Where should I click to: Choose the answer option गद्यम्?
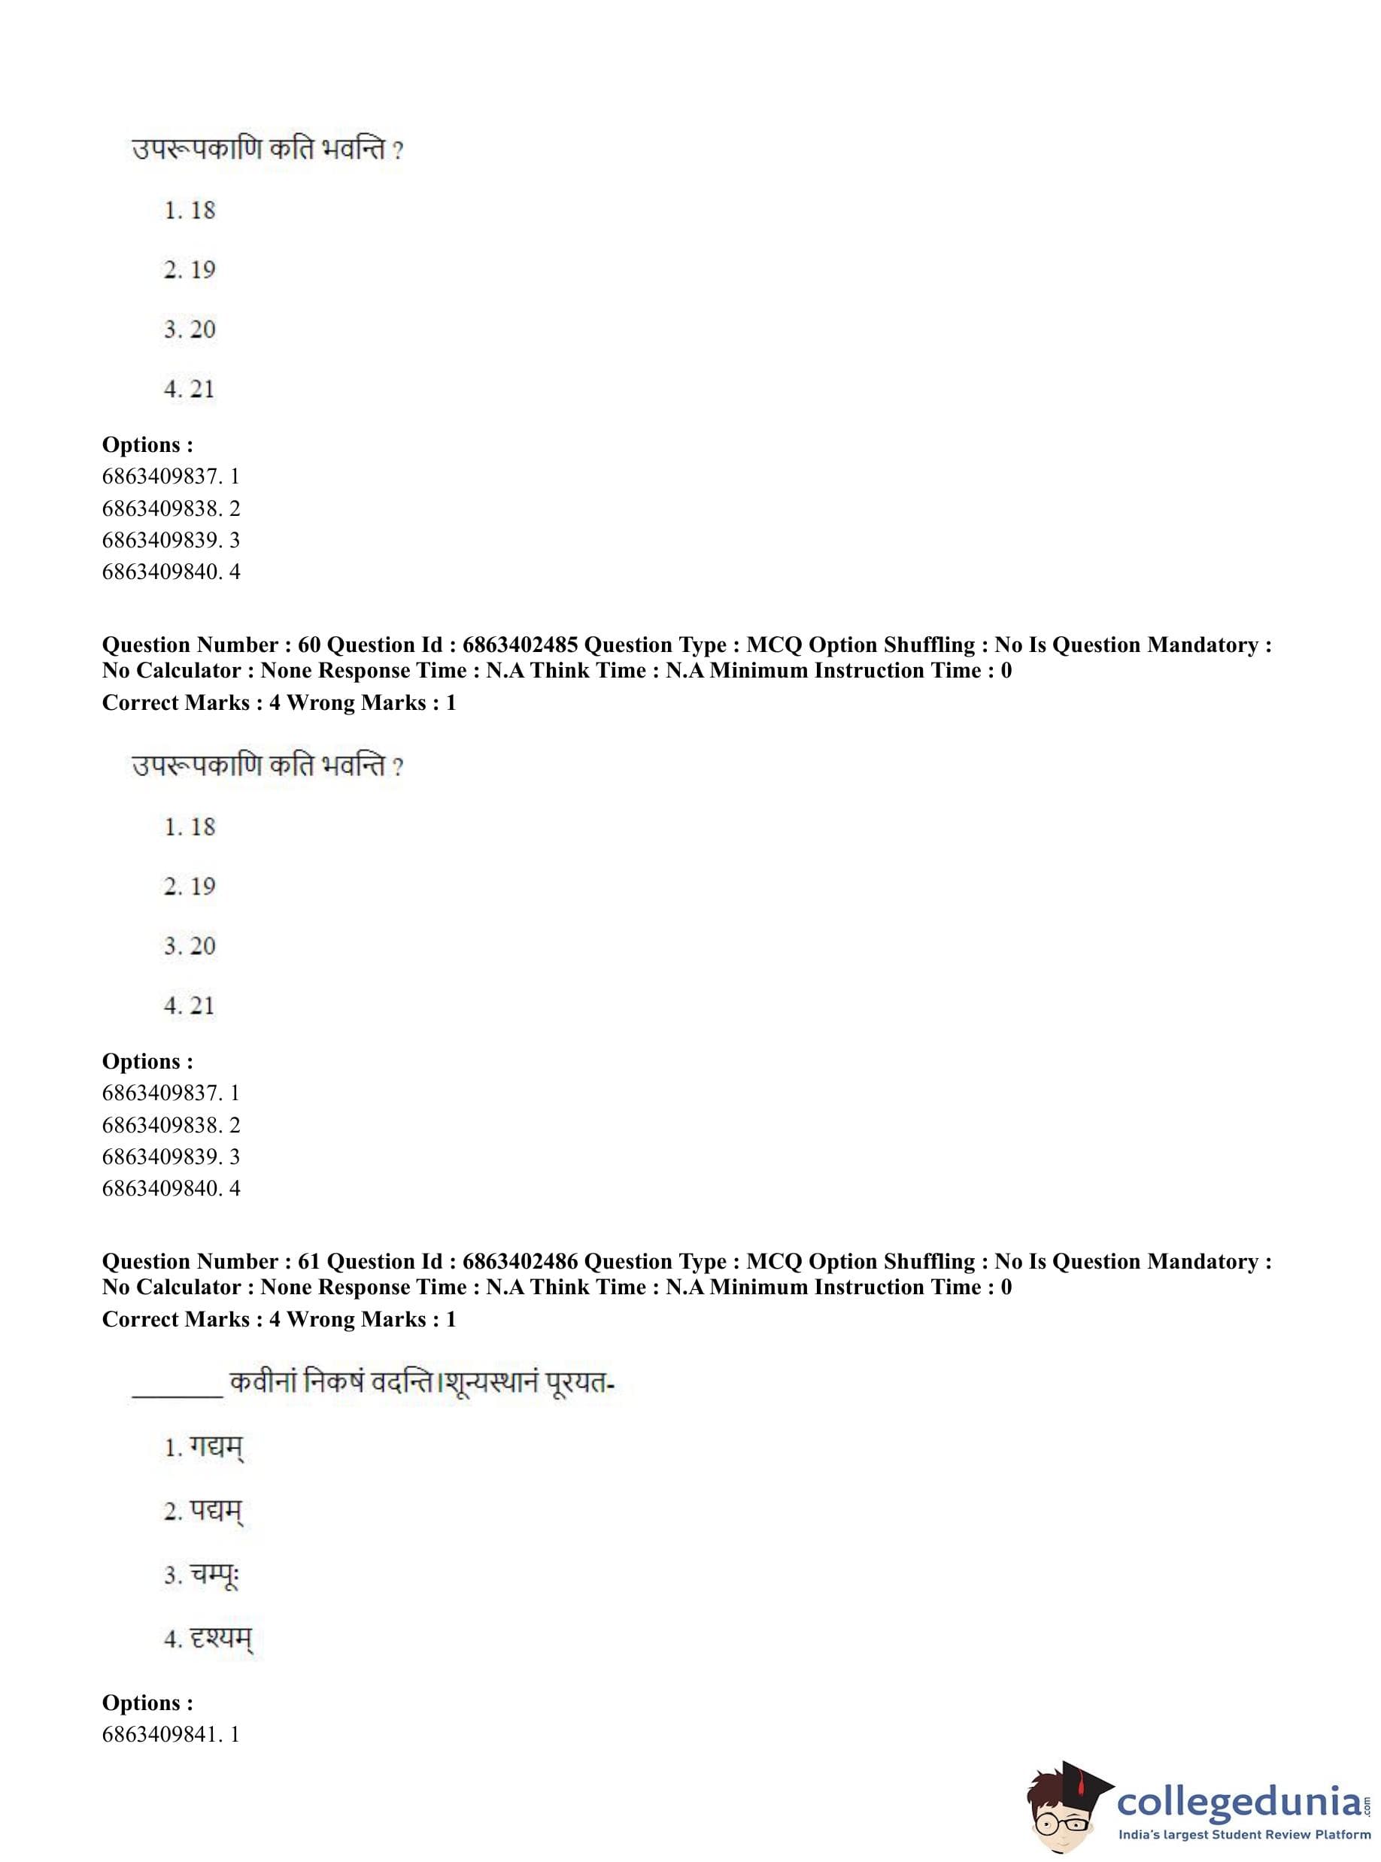pyautogui.click(x=216, y=1448)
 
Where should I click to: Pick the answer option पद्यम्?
pyautogui.click(x=215, y=1512)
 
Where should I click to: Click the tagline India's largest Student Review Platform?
pyautogui.click(x=1244, y=1834)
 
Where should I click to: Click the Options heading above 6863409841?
pyautogui.click(x=147, y=1703)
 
